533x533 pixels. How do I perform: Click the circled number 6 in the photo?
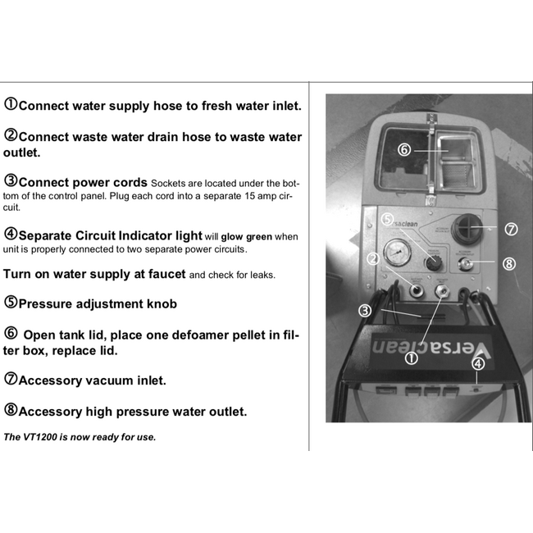tap(404, 149)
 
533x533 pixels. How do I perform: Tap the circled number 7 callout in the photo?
tap(511, 230)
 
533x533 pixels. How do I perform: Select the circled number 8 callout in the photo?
tap(509, 263)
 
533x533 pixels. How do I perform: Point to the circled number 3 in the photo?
tap(365, 310)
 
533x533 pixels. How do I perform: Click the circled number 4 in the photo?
tap(478, 364)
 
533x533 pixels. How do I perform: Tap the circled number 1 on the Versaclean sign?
tap(412, 358)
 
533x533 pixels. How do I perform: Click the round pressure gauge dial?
tap(397, 253)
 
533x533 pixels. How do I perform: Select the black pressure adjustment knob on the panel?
tap(434, 262)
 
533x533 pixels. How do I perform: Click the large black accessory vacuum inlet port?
tap(467, 229)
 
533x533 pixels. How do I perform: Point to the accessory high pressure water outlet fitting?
tap(465, 264)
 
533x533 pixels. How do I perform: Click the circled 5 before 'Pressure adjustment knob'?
tap(11, 303)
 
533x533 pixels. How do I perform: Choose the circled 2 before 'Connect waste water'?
tap(11, 135)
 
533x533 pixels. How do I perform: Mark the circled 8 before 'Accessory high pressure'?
tap(11, 410)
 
